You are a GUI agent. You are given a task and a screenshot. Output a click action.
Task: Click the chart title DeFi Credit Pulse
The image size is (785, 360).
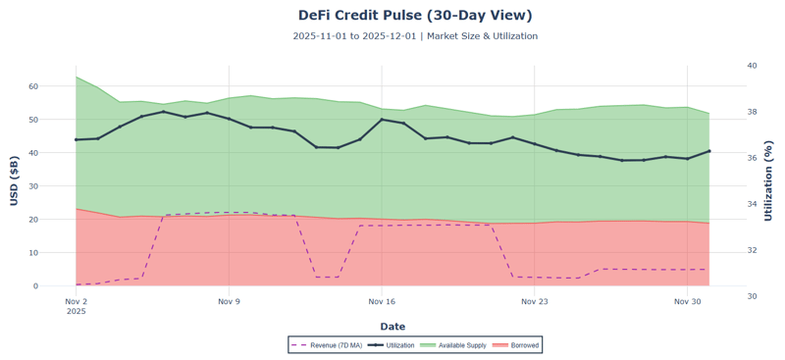(415, 16)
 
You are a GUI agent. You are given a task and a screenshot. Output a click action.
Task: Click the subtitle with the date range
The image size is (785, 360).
(415, 36)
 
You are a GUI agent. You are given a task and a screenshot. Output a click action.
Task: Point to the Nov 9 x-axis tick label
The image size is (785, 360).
(229, 302)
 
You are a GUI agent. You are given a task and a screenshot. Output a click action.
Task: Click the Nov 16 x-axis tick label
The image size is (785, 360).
(382, 302)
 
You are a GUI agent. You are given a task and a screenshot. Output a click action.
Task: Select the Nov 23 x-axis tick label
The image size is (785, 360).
(535, 302)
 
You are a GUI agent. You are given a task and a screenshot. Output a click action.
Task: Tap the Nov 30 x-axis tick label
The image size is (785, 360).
(688, 302)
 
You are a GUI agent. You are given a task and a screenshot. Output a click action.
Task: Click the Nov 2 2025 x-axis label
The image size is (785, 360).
(76, 306)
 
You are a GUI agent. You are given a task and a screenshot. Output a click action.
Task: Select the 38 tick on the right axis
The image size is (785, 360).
(752, 112)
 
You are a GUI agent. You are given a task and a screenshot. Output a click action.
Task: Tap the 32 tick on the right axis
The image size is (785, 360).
(752, 250)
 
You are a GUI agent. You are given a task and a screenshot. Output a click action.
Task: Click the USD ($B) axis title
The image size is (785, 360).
(15, 180)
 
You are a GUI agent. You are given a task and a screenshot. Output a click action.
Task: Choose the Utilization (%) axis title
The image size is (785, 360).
(769, 180)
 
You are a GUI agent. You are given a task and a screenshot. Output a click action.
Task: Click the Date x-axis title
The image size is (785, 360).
(392, 327)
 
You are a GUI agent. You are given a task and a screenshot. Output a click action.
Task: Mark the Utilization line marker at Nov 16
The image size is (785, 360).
(382, 120)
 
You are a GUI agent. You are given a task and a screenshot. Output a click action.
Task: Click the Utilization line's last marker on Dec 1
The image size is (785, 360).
(709, 151)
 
